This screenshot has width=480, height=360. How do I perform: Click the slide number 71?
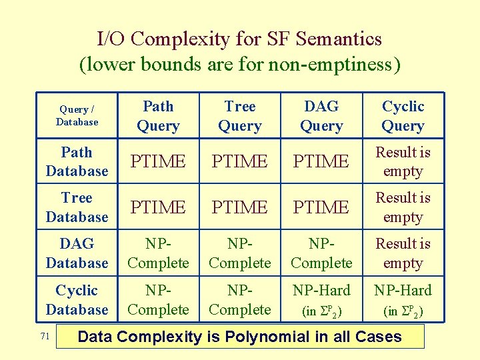(45, 337)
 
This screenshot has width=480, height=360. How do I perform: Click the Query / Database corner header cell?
(77, 115)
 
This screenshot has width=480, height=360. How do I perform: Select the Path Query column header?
(158, 115)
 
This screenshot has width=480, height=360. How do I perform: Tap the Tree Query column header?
(240, 115)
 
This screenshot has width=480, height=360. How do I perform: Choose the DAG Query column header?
(321, 115)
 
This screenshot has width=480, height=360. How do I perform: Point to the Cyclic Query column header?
(403, 115)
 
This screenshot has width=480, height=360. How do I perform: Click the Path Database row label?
(77, 161)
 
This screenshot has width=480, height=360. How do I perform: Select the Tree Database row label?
(77, 207)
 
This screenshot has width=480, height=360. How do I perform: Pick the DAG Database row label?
(77, 253)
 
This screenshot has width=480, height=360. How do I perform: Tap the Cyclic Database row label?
(77, 299)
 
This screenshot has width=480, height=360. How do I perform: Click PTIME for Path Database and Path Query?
(158, 161)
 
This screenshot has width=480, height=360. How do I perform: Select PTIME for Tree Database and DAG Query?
(321, 207)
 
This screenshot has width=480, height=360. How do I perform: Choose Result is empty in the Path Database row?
(403, 161)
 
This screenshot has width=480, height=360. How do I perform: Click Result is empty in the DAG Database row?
(403, 253)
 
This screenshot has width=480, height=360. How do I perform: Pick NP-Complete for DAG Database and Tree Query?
(240, 253)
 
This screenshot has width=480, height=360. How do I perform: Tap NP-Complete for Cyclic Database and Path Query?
(158, 299)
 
